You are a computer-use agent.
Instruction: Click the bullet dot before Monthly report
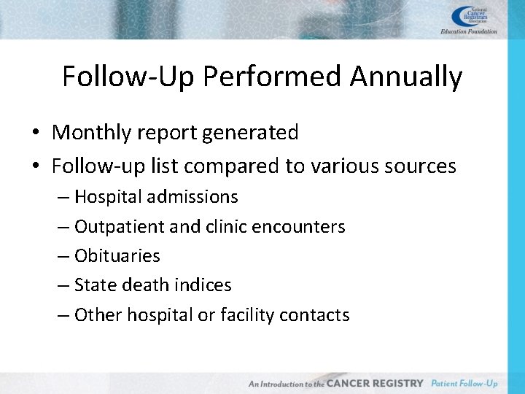tap(35, 134)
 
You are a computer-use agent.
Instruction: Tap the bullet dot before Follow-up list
tap(35, 167)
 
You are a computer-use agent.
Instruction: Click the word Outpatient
tap(119, 227)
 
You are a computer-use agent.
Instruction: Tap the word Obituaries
tap(117, 256)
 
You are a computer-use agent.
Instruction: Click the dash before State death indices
tap(63, 285)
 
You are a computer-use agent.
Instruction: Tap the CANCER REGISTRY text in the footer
tap(375, 383)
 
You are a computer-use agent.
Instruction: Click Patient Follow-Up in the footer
tap(464, 383)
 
